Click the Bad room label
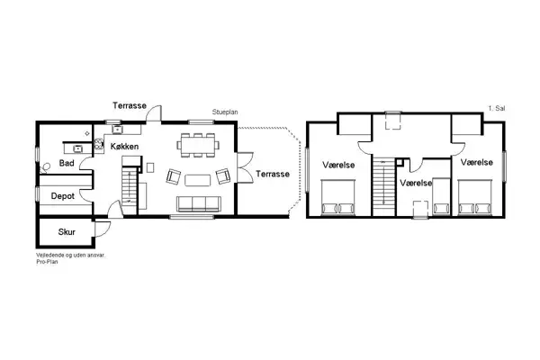coord(67,164)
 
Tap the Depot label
coord(62,194)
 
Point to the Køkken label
coord(125,145)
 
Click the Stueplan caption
coord(225,112)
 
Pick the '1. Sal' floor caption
coord(497,108)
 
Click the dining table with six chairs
coord(198,142)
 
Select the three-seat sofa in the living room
coord(196,203)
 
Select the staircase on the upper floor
coord(388,186)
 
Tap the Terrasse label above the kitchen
coord(130,106)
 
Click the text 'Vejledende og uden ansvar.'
coord(71,256)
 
